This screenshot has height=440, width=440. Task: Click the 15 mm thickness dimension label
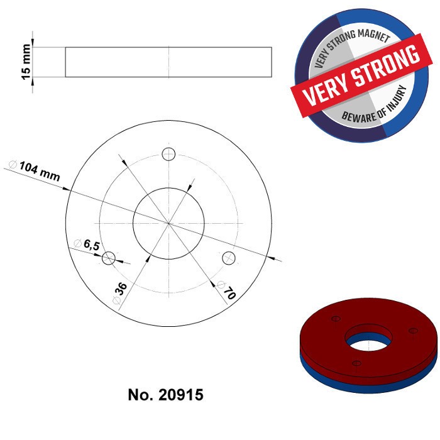click(x=26, y=62)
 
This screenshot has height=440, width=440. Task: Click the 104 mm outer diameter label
click(x=40, y=171)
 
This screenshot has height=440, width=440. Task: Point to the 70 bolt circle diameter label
click(x=228, y=292)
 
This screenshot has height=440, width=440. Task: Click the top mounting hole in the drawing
click(x=168, y=154)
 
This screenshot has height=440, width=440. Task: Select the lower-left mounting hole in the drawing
click(x=108, y=257)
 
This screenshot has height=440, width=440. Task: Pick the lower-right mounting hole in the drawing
click(x=229, y=257)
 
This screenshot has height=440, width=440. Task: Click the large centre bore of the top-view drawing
click(x=168, y=223)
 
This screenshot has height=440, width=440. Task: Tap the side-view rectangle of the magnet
click(x=168, y=62)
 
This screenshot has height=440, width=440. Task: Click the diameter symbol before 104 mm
click(x=12, y=164)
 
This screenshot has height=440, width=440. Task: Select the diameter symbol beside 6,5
click(x=77, y=243)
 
